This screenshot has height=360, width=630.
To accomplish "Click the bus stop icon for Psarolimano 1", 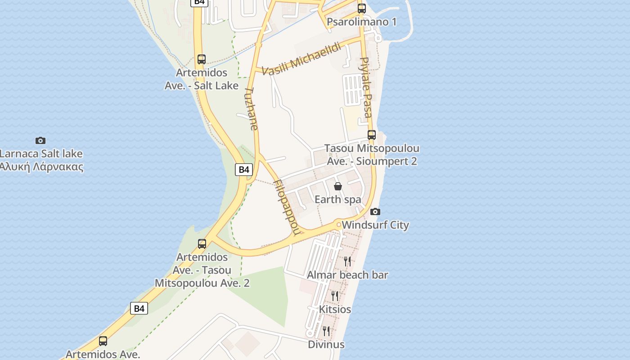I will click(362, 8).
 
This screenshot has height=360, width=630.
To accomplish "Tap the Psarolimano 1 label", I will click(362, 22).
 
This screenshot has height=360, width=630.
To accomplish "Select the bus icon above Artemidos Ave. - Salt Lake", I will click(202, 59).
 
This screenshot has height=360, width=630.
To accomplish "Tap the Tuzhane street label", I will click(252, 108).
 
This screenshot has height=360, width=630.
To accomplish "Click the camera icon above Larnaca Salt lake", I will click(40, 140).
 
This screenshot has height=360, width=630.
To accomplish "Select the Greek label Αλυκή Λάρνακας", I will click(41, 166).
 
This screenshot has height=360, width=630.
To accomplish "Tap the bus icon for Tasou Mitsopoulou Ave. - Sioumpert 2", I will click(372, 135).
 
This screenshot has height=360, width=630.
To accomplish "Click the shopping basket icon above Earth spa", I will click(338, 186).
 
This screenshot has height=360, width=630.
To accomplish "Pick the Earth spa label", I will click(338, 199).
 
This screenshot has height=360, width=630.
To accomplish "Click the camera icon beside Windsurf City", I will click(375, 211).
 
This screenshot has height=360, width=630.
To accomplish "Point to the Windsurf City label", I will click(375, 225).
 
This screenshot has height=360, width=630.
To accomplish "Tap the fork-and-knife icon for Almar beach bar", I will click(347, 261).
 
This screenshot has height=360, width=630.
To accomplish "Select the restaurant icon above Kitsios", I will click(335, 296).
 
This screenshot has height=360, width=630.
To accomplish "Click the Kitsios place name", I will click(335, 309).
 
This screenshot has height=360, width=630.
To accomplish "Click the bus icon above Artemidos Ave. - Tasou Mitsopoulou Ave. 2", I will click(202, 244).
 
